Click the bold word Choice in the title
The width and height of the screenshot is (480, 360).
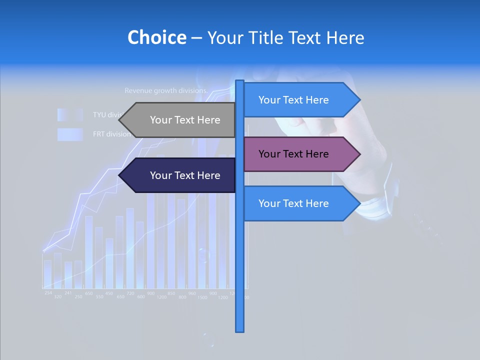click(x=156, y=37)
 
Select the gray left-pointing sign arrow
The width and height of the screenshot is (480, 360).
click(x=185, y=120)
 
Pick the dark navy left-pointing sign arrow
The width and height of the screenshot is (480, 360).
click(x=185, y=175)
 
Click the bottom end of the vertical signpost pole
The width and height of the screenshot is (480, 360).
click(x=240, y=329)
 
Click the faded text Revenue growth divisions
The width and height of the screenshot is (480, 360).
click(x=165, y=91)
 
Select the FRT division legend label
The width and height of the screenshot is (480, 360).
click(x=111, y=134)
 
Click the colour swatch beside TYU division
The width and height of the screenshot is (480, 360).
click(x=69, y=114)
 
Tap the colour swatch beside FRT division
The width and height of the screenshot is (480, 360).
click(x=69, y=134)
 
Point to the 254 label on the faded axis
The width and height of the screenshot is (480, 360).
click(x=48, y=292)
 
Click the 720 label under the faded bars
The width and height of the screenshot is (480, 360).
click(x=130, y=293)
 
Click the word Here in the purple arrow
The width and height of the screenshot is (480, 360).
click(x=317, y=154)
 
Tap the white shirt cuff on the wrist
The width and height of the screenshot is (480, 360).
click(x=375, y=207)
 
